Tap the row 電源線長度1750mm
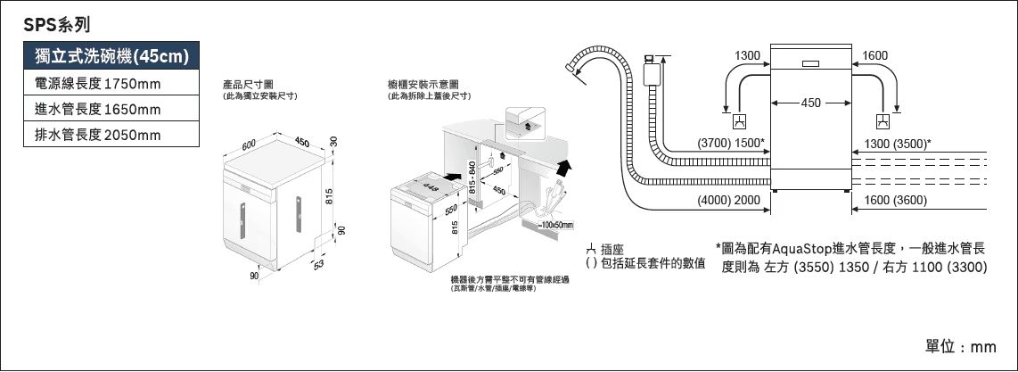tap(96, 85)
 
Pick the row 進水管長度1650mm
tap(96, 110)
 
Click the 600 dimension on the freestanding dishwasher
tap(249, 144)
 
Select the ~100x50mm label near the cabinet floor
tap(554, 223)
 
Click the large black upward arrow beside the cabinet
tap(562, 168)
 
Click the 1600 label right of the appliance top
tap(874, 56)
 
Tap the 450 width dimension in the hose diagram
tap(811, 103)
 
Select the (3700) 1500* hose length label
tap(729, 143)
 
